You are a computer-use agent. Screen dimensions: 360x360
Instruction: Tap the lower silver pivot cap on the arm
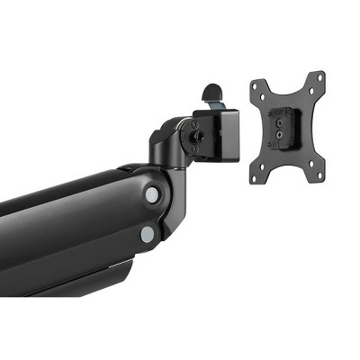pos(147,234)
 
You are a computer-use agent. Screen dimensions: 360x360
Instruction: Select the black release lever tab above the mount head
pos(211,93)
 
